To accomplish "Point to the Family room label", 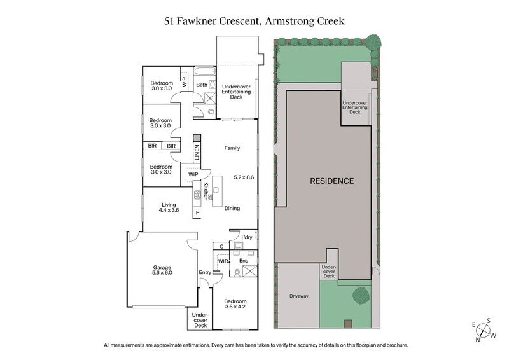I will pos(232,148).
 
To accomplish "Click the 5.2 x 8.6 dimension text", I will pos(244,177).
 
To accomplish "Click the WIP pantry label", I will pos(193,174).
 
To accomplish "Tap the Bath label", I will pos(201,85).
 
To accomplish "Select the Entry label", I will pos(204,273).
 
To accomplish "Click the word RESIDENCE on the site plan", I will pos(331,181).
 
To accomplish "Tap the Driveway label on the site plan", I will pos(298,296).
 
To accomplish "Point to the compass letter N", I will pos(478,340).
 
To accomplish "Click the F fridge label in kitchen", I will pos(197,212).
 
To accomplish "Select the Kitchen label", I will pos(206,191).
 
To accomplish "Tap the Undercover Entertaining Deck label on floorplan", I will pos(236,92).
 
